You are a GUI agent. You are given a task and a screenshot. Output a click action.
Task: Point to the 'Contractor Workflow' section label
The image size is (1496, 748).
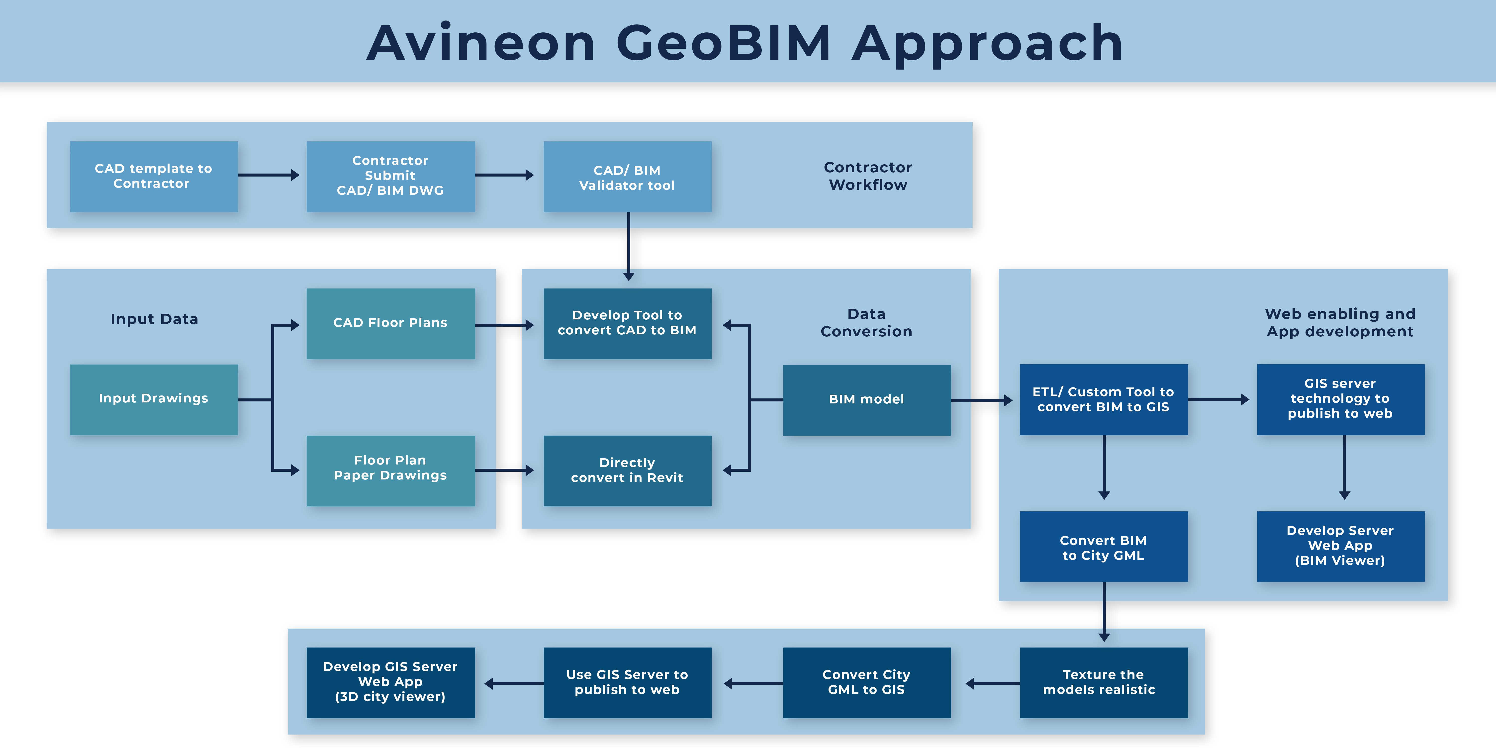pos(868,176)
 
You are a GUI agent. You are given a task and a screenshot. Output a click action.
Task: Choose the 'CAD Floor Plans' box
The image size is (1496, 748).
pos(390,323)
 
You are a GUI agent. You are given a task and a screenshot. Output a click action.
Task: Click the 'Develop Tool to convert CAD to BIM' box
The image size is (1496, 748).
pos(627,323)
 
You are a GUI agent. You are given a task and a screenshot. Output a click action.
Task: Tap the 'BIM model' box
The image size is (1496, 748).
pos(866,399)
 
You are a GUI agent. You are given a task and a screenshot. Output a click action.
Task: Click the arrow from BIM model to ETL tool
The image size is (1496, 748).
pos(981,400)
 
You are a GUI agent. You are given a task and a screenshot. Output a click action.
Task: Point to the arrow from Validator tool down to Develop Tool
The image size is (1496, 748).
pos(628,247)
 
